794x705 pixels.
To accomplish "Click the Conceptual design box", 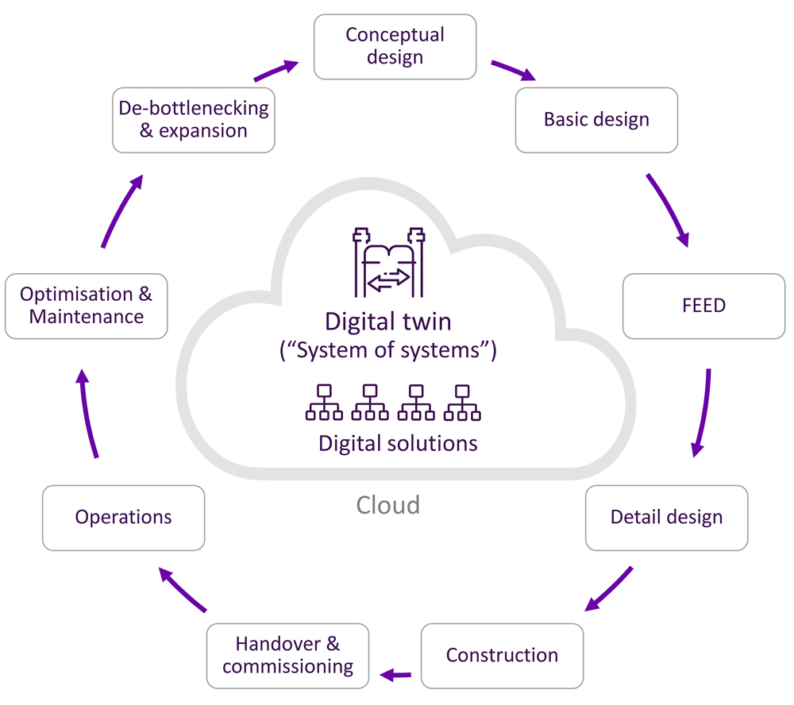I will click(395, 46).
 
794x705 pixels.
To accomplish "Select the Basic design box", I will click(596, 120).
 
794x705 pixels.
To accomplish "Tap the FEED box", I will click(703, 306).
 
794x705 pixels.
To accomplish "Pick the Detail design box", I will click(666, 518).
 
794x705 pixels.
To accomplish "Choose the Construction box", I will click(502, 656).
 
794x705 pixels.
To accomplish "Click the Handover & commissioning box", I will click(287, 656).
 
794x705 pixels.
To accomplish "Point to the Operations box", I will click(123, 518).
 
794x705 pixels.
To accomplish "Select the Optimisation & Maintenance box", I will click(86, 306).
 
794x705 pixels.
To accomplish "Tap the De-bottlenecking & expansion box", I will click(193, 120).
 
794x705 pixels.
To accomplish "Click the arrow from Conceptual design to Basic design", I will click(514, 70).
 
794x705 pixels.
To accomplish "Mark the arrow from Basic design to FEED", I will click(669, 207).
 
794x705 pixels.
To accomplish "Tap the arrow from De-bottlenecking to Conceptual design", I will click(276, 70).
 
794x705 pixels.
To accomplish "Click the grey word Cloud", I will click(387, 505).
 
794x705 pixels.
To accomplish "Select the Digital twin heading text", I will click(387, 322).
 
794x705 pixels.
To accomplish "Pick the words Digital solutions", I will click(398, 443).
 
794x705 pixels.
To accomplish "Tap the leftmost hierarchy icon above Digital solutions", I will click(324, 403).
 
